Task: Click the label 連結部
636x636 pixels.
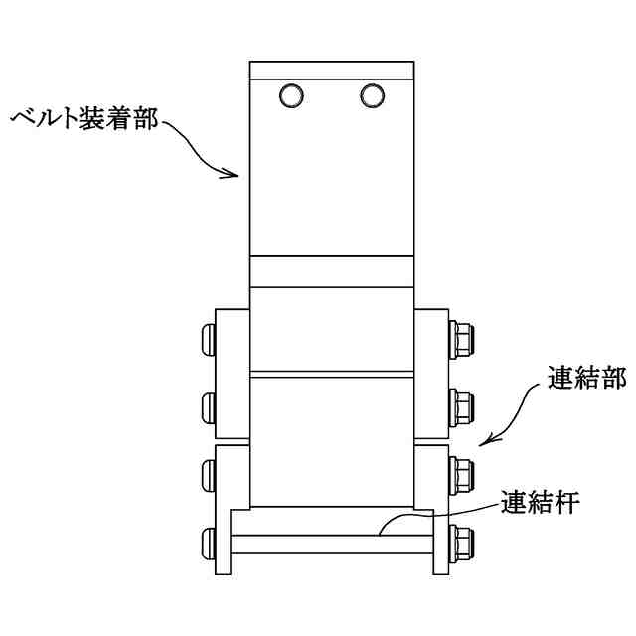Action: (x=586, y=379)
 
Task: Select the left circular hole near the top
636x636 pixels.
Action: (x=291, y=95)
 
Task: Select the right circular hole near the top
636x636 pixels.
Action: (x=373, y=95)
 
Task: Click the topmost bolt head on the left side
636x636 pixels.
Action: (x=209, y=339)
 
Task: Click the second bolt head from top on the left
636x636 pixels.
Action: (x=209, y=404)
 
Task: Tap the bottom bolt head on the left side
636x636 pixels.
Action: (x=209, y=542)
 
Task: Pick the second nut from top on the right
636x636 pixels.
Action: (x=462, y=404)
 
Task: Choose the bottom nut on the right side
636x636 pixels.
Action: (x=462, y=542)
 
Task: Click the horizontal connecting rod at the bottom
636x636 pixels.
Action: (x=332, y=545)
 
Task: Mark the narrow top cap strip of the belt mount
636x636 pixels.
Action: (x=332, y=71)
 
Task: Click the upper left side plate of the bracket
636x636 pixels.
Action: (x=233, y=374)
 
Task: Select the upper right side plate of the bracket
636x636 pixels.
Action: (x=432, y=374)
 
